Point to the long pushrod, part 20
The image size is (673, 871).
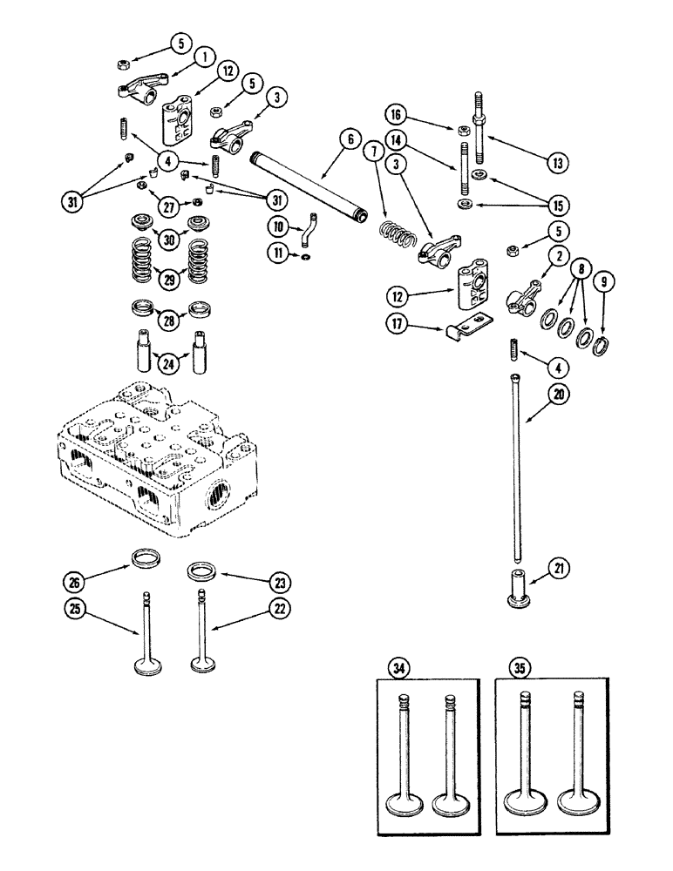tap(516, 470)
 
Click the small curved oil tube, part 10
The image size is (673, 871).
tap(309, 233)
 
